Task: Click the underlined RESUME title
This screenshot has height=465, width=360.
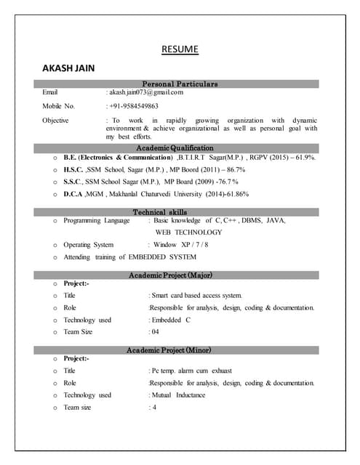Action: tap(180, 50)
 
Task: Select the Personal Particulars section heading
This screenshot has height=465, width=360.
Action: tap(180, 84)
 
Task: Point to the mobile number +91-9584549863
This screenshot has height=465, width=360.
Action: tap(134, 106)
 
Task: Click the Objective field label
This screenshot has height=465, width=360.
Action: tap(55, 120)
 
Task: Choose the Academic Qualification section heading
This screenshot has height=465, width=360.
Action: tap(180, 147)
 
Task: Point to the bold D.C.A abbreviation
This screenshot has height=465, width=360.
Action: tap(73, 194)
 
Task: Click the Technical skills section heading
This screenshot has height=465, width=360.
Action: tap(180, 212)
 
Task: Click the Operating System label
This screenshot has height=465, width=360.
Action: tap(88, 245)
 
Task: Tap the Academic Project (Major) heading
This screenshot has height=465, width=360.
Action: tap(180, 275)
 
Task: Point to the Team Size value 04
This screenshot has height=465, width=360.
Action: tap(155, 332)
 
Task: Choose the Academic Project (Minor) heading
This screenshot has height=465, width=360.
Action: tap(180, 350)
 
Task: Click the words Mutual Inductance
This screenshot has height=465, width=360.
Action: tap(178, 395)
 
